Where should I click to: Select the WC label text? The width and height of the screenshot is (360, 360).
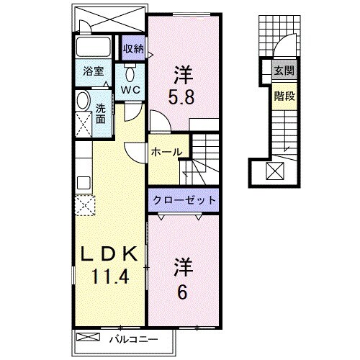point(130,90)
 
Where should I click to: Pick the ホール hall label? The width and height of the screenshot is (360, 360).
point(166,152)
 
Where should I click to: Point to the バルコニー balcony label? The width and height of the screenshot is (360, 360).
point(135,338)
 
